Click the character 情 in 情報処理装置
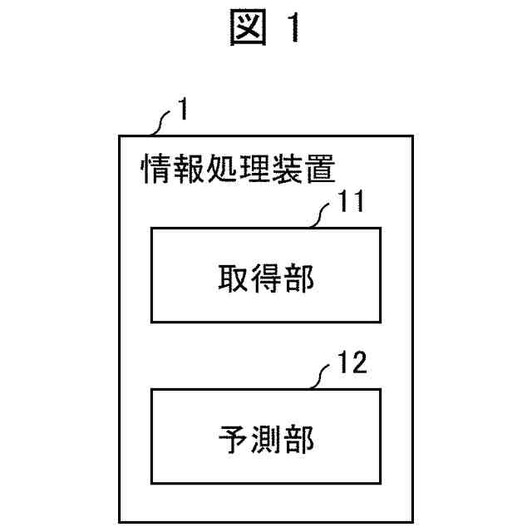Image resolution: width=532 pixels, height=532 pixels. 155,169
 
